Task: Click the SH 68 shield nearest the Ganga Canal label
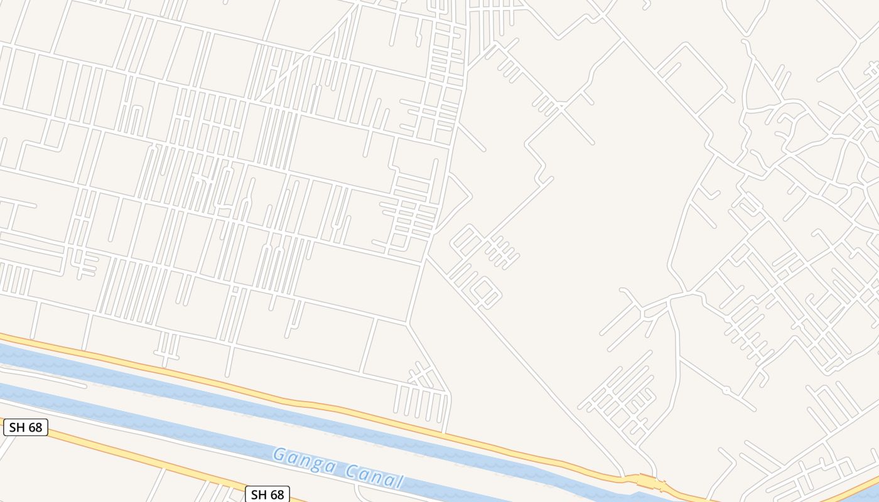point(267,494)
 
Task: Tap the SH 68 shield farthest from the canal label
point(26,428)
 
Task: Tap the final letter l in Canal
point(399,482)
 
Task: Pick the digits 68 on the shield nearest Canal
point(276,494)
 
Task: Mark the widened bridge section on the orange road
point(650,482)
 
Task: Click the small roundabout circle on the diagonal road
point(726,390)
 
